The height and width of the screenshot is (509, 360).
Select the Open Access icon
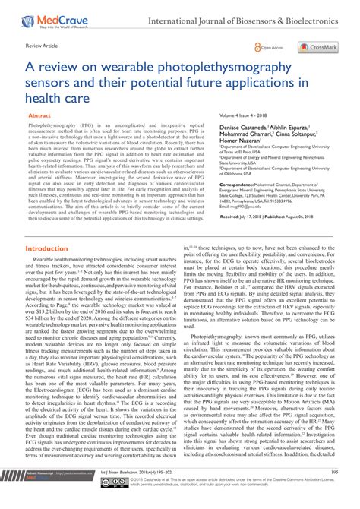click(x=270, y=48)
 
